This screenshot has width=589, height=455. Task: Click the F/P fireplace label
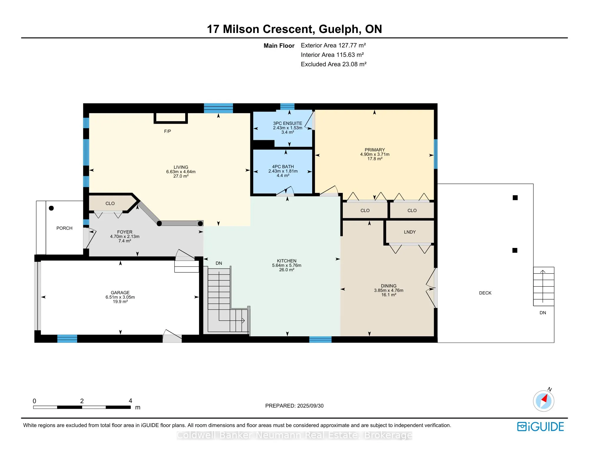click(x=168, y=131)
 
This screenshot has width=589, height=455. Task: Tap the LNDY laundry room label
click(x=410, y=232)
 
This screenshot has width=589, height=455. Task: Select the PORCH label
click(x=64, y=228)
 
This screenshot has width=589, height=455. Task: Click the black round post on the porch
click(x=51, y=208)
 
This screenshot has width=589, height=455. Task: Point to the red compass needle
click(x=544, y=399)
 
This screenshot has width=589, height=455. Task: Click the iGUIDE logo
click(x=540, y=427)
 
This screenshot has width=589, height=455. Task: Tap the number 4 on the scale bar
click(x=130, y=401)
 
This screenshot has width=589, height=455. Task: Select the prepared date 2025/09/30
click(x=310, y=406)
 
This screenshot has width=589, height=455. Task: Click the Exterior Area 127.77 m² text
click(x=333, y=45)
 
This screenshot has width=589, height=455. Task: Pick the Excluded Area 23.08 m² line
click(x=334, y=64)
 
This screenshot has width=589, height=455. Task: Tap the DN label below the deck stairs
click(x=543, y=313)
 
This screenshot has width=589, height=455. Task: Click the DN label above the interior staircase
click(x=219, y=263)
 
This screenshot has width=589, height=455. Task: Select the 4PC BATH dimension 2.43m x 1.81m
click(x=283, y=171)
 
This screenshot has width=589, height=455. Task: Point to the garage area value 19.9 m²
click(x=120, y=302)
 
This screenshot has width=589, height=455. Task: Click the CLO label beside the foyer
click(x=110, y=203)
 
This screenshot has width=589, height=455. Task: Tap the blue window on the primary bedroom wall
click(x=436, y=154)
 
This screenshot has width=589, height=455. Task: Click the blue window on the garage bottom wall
click(x=67, y=339)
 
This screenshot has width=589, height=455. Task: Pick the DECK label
click(x=485, y=293)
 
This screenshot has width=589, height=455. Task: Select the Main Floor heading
click(x=279, y=46)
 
